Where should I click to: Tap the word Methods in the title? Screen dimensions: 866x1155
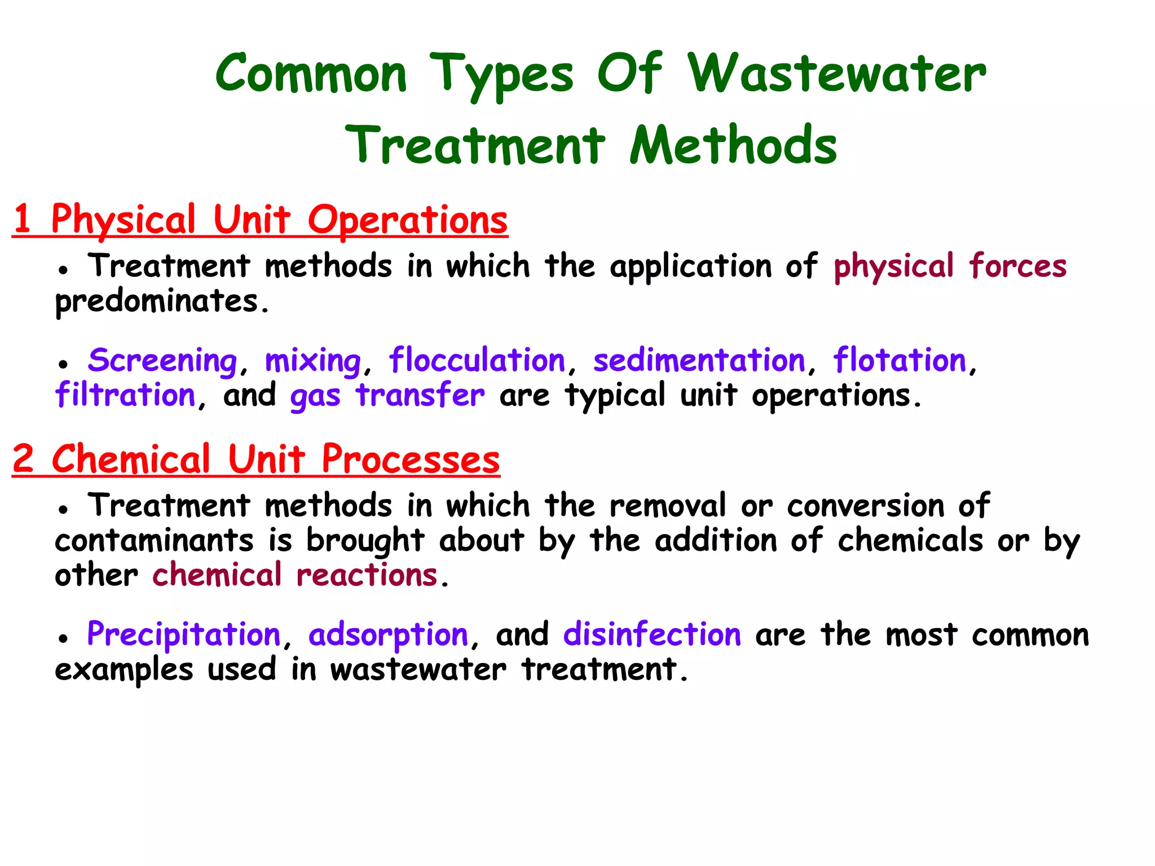[x=733, y=145]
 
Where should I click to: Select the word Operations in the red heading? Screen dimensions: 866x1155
[x=407, y=220]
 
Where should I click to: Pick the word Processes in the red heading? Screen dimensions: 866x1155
[x=411, y=459]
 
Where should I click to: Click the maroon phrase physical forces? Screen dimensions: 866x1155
[x=950, y=266]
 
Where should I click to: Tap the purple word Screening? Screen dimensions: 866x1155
[x=162, y=361]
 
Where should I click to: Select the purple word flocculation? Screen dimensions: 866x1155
[x=477, y=361]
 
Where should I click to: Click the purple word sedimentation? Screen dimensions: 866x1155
[x=699, y=361]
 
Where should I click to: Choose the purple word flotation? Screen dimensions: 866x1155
[x=900, y=361]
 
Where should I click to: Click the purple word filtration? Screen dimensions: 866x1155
[x=125, y=395]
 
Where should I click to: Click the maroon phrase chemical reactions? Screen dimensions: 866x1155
[x=295, y=576]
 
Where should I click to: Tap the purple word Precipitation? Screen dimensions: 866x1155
[x=184, y=635]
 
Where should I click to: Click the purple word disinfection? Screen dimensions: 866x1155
[x=652, y=635]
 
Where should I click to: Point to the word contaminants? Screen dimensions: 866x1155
[x=154, y=541]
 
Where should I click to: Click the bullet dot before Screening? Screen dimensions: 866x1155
[x=63, y=364]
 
